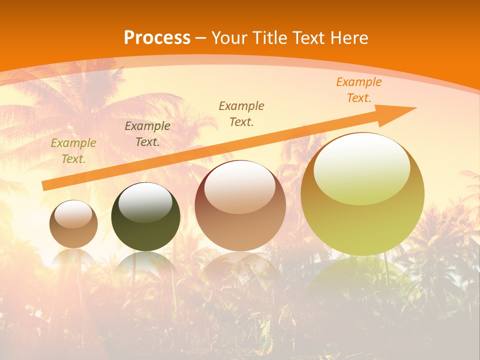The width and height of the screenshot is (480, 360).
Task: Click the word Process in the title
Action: coord(157,38)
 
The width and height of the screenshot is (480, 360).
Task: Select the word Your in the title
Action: coord(230,38)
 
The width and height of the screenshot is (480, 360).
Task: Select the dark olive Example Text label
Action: coord(147,134)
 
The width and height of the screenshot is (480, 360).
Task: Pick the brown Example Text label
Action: coord(241,113)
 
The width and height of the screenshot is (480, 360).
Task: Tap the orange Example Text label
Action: coord(358,90)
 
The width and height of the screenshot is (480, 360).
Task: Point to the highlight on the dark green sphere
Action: coord(145,202)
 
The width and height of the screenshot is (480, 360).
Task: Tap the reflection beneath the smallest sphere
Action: coord(73,257)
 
